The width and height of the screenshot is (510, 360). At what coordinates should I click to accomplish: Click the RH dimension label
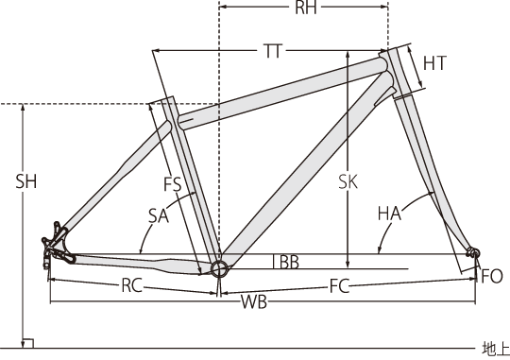306,8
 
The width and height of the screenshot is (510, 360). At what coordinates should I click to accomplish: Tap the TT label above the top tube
273,51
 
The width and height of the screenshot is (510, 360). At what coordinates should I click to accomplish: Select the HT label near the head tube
434,63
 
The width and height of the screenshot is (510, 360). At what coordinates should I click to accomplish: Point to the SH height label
26,181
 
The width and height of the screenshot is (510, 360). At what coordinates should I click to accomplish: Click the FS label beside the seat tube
172,184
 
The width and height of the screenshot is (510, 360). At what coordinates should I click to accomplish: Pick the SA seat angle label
159,215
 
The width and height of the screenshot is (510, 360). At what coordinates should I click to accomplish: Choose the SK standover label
348,181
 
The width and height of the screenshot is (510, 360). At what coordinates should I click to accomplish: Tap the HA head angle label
389,214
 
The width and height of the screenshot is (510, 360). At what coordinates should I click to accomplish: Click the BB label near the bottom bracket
285,262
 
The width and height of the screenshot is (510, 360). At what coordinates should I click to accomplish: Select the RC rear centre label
131,285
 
